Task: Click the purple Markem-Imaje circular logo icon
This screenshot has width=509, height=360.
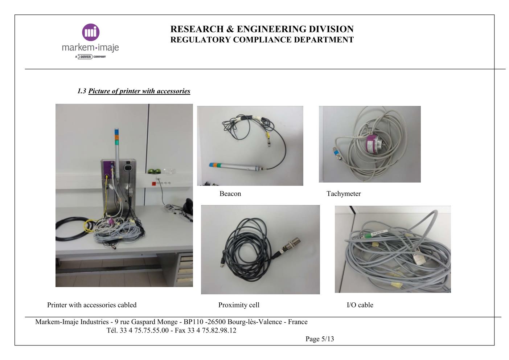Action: (x=90, y=32)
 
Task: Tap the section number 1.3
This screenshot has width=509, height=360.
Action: (x=82, y=91)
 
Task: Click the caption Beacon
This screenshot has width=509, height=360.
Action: (x=230, y=194)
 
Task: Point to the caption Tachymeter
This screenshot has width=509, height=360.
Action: (x=344, y=194)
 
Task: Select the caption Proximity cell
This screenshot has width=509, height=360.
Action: (x=239, y=305)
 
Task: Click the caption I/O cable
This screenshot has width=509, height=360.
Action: (x=360, y=305)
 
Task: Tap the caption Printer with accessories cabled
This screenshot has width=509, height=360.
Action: (x=92, y=305)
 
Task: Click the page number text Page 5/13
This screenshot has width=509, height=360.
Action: (x=320, y=339)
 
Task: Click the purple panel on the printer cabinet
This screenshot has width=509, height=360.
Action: (x=107, y=168)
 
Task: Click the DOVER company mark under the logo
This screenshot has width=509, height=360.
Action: (x=86, y=57)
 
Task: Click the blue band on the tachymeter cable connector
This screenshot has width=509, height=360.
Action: (x=336, y=152)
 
